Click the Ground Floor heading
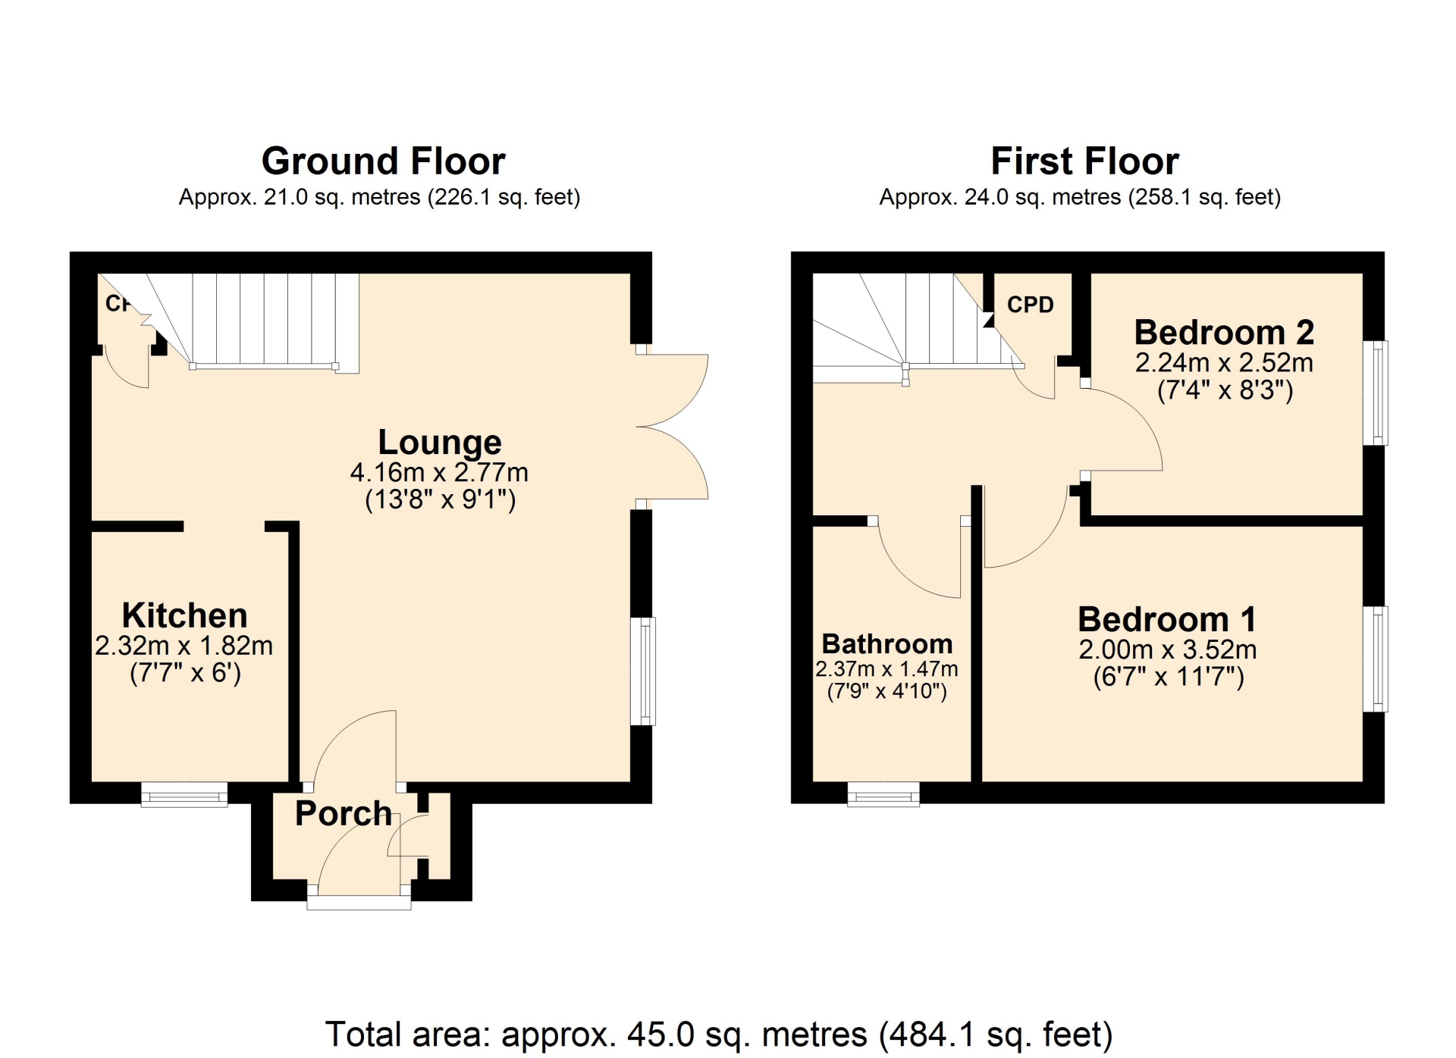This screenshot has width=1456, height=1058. (x=383, y=161)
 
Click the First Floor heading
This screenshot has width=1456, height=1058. (x=1084, y=161)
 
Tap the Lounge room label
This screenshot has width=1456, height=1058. (x=440, y=442)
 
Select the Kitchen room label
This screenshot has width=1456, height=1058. (x=184, y=615)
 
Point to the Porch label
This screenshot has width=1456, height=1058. (x=344, y=813)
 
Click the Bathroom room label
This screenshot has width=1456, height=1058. (x=887, y=644)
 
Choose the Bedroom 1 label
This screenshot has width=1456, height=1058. (x=1167, y=619)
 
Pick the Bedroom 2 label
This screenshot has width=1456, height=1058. (x=1224, y=332)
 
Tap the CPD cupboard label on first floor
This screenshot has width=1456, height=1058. (x=1031, y=305)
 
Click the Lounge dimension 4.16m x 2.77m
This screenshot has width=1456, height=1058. (x=439, y=473)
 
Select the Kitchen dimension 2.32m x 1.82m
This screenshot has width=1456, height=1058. (x=184, y=646)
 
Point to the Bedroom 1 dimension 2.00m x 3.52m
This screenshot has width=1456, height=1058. (x=1168, y=650)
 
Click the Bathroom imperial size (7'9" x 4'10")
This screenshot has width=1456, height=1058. (x=886, y=691)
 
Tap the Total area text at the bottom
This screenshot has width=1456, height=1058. (x=719, y=1035)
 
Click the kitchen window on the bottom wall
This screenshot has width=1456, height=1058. (x=184, y=794)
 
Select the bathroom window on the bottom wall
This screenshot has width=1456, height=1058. (x=883, y=794)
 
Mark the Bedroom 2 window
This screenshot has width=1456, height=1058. (x=1376, y=393)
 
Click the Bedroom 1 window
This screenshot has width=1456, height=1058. (x=1376, y=659)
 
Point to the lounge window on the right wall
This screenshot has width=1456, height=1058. (x=643, y=671)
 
